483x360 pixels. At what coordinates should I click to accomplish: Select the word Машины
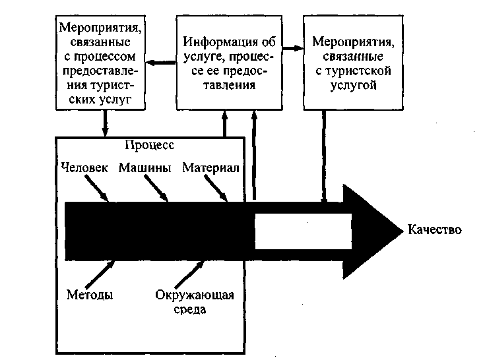(145, 168)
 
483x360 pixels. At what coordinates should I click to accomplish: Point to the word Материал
(210, 168)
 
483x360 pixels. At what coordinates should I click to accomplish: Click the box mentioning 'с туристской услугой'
(352, 63)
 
